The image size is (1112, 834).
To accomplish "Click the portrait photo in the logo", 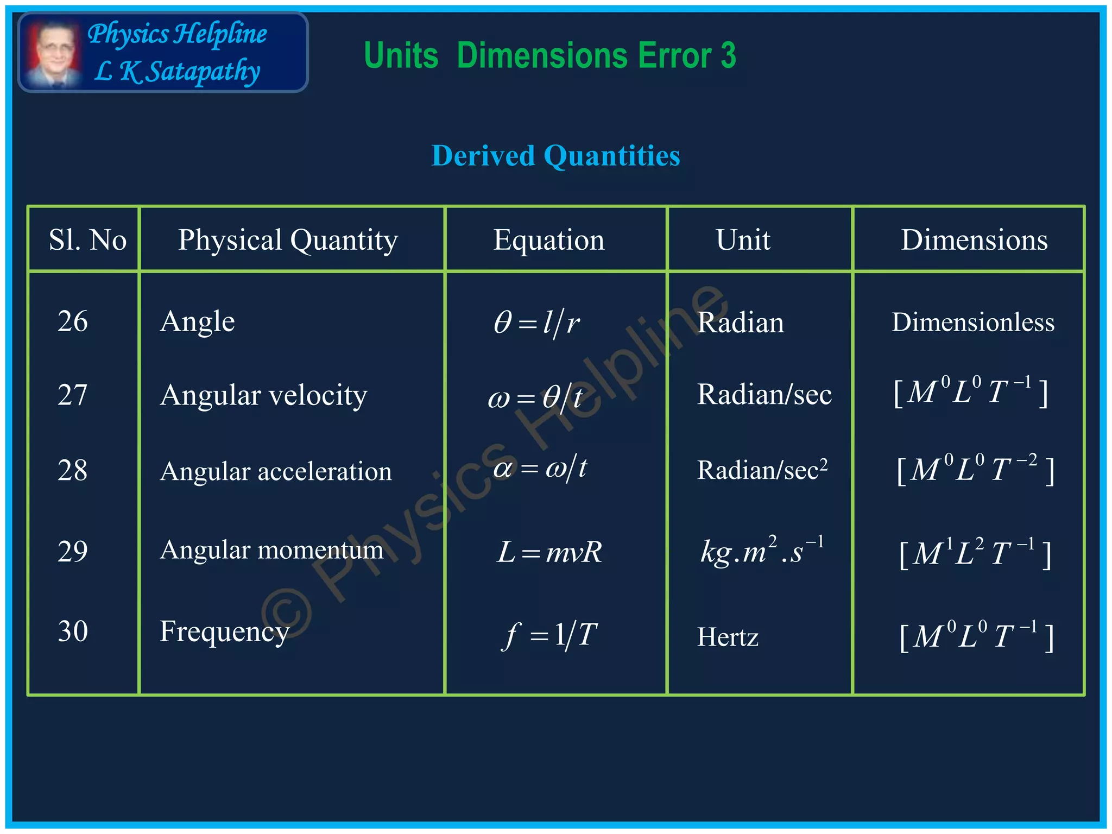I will [53, 53].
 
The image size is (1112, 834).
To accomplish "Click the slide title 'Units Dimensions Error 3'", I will [549, 55].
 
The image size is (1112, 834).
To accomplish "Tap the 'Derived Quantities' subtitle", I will [555, 156].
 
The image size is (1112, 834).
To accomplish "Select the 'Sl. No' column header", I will [87, 239].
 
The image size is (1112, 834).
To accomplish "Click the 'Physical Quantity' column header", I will [288, 239].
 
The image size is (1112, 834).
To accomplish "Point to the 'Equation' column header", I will [548, 239].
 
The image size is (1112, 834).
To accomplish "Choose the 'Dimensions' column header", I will [974, 239].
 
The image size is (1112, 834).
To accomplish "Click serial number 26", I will [73, 321].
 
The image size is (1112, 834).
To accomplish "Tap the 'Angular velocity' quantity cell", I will [263, 395].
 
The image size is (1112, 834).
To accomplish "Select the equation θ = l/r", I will [536, 323].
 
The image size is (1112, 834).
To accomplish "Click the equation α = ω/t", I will [540, 468].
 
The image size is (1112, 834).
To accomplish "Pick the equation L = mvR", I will [549, 552].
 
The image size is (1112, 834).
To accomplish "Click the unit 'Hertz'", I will [728, 637].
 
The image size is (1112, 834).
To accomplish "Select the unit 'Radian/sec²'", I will [762, 470].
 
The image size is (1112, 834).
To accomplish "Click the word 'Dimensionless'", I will [973, 322].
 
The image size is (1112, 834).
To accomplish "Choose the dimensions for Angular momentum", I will [975, 554].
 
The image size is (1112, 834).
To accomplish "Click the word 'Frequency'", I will [224, 632].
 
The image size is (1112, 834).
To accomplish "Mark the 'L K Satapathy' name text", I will [177, 72].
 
